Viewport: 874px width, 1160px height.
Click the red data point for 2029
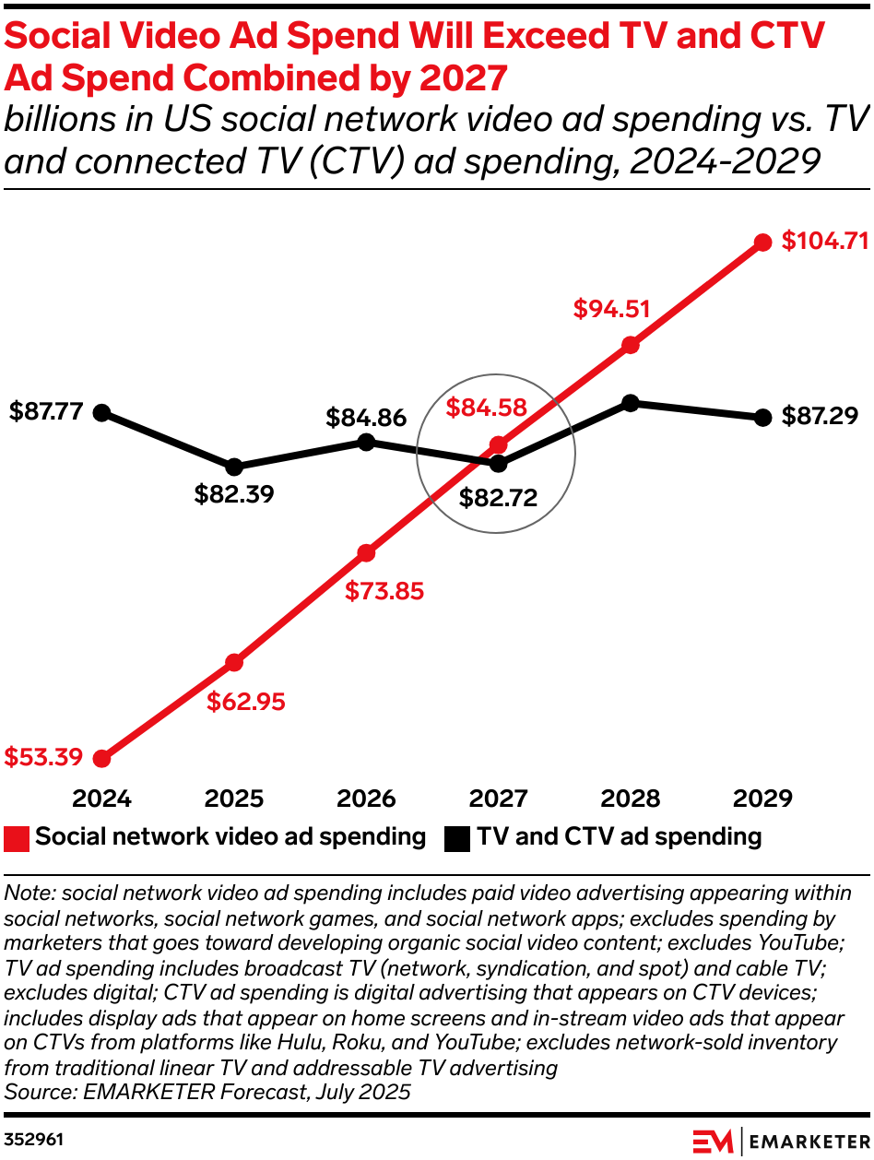point(762,243)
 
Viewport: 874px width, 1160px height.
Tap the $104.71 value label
point(825,242)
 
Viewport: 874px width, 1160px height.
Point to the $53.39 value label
point(43,758)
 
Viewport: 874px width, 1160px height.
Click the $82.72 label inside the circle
point(499,499)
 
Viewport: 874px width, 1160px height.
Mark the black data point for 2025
point(234,467)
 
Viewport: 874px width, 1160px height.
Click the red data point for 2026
point(366,553)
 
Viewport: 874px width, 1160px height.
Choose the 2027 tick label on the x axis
point(498,799)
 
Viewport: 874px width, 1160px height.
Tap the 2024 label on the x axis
point(102,799)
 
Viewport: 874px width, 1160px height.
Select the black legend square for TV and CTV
point(457,838)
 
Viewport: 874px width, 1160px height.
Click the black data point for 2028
point(631,403)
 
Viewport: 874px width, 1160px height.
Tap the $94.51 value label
point(612,309)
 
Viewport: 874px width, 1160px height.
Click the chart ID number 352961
point(34,1139)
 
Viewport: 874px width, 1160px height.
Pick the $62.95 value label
point(246,702)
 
